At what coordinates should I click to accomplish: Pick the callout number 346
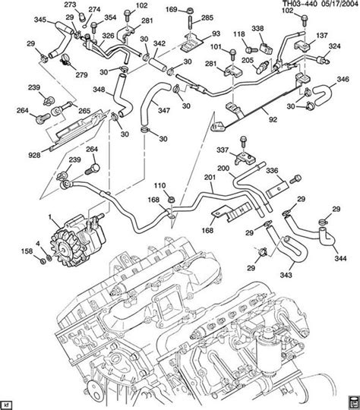tap(343, 79)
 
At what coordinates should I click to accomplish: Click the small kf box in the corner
tap(8, 402)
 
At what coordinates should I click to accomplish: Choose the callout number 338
tap(257, 28)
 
